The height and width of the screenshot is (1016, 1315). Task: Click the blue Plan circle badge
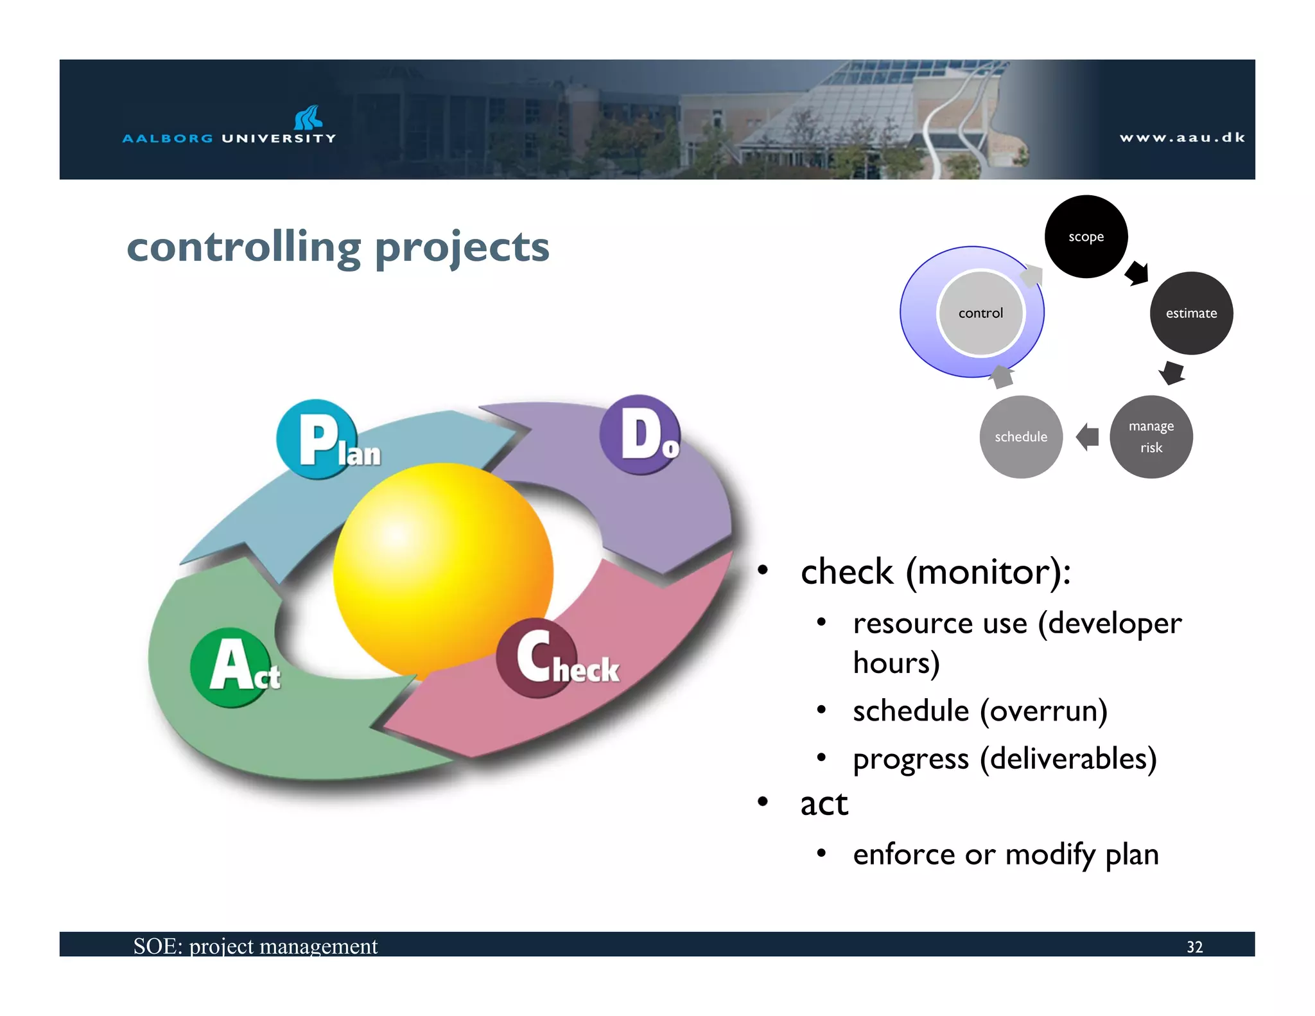pos(317,439)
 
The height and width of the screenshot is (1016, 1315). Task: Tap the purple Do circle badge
pos(639,435)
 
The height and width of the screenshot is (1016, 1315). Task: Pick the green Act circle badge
pos(230,667)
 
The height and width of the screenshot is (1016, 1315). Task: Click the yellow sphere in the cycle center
pos(443,568)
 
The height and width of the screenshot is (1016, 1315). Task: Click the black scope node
pos(1086,236)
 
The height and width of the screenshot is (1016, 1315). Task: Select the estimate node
pos(1191,313)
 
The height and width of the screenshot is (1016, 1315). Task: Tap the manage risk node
pos(1151,437)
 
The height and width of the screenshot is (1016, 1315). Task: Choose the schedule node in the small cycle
pos(1020,437)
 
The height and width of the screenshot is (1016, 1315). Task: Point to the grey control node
pos(980,313)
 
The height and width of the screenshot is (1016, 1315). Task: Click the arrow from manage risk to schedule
pos(1087,437)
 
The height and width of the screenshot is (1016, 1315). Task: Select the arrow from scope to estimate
pos(1137,273)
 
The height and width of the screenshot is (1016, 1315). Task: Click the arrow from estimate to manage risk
pos(1172,372)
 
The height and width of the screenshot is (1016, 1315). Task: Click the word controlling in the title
pos(244,247)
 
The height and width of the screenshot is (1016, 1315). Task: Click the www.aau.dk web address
pos(1182,137)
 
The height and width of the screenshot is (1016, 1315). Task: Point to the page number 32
pos(1194,947)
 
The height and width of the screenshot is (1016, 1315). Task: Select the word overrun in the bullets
pos(1043,711)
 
